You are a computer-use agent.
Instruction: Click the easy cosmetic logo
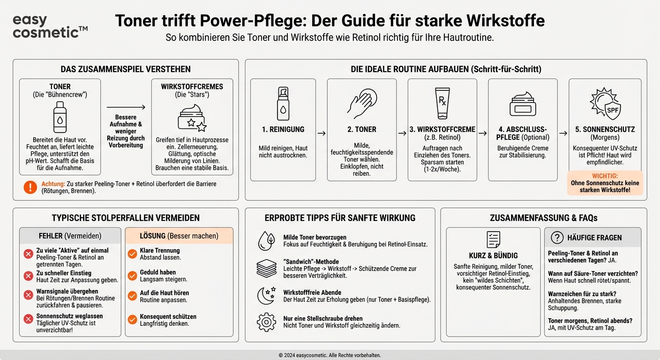(50, 26)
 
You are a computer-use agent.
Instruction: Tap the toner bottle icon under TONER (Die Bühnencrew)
(60, 117)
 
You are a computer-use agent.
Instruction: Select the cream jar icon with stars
(192, 118)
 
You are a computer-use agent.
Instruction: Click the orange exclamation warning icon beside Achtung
(30, 187)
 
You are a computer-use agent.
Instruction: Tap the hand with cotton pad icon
(361, 103)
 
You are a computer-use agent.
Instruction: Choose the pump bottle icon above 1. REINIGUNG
(283, 103)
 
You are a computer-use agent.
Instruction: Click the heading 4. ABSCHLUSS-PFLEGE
(523, 133)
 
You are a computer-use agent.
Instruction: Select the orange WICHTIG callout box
(605, 183)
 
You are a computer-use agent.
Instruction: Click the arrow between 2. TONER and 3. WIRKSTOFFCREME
(402, 134)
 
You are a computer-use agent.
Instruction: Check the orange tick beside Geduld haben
(132, 275)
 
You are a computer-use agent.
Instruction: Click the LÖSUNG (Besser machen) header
(179, 236)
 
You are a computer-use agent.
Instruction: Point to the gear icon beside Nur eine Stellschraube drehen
(266, 322)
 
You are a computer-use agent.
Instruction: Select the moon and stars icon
(266, 295)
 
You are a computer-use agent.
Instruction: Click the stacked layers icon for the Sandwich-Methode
(266, 269)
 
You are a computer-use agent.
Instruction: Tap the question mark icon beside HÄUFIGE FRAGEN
(557, 238)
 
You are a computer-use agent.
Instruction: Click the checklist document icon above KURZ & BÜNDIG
(493, 240)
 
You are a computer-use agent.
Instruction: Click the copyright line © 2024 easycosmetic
(330, 355)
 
